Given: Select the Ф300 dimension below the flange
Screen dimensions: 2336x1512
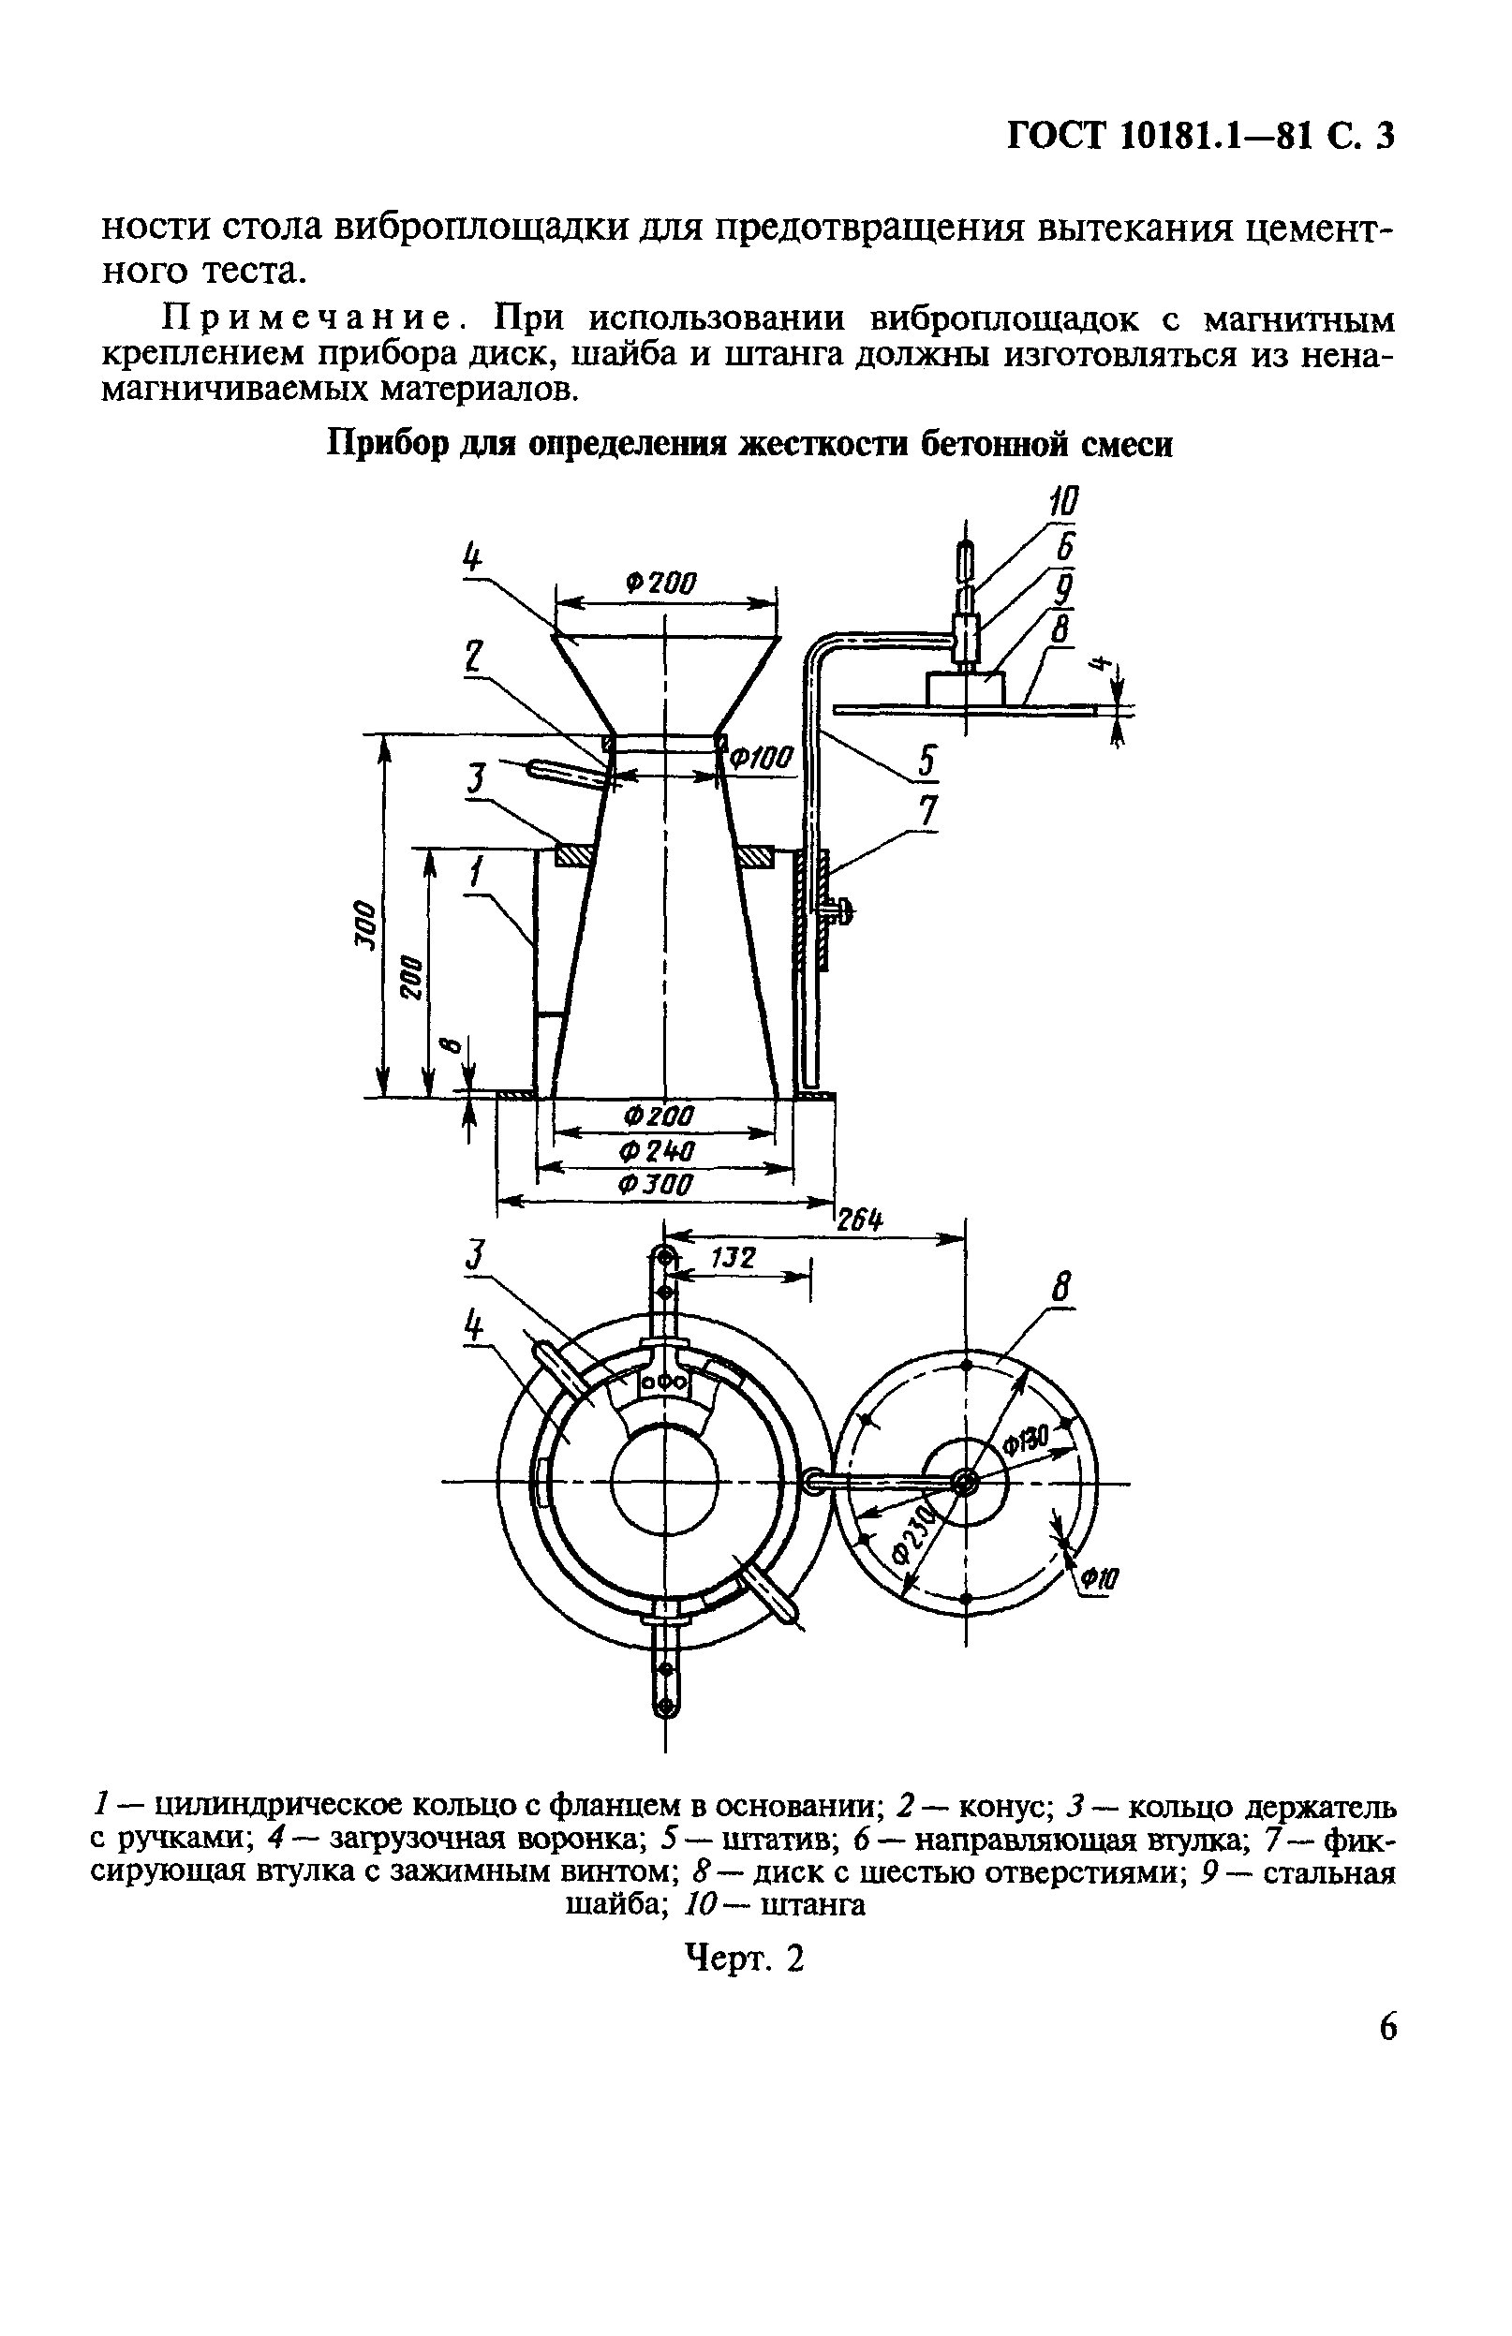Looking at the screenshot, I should [x=656, y=1185].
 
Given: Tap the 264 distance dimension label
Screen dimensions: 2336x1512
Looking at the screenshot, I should [x=859, y=1221].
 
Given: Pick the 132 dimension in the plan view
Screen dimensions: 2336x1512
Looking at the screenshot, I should [x=732, y=1258].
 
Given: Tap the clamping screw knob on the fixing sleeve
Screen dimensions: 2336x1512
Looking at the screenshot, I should [x=842, y=913].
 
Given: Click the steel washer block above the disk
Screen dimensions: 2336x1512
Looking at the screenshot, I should [x=966, y=688].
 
